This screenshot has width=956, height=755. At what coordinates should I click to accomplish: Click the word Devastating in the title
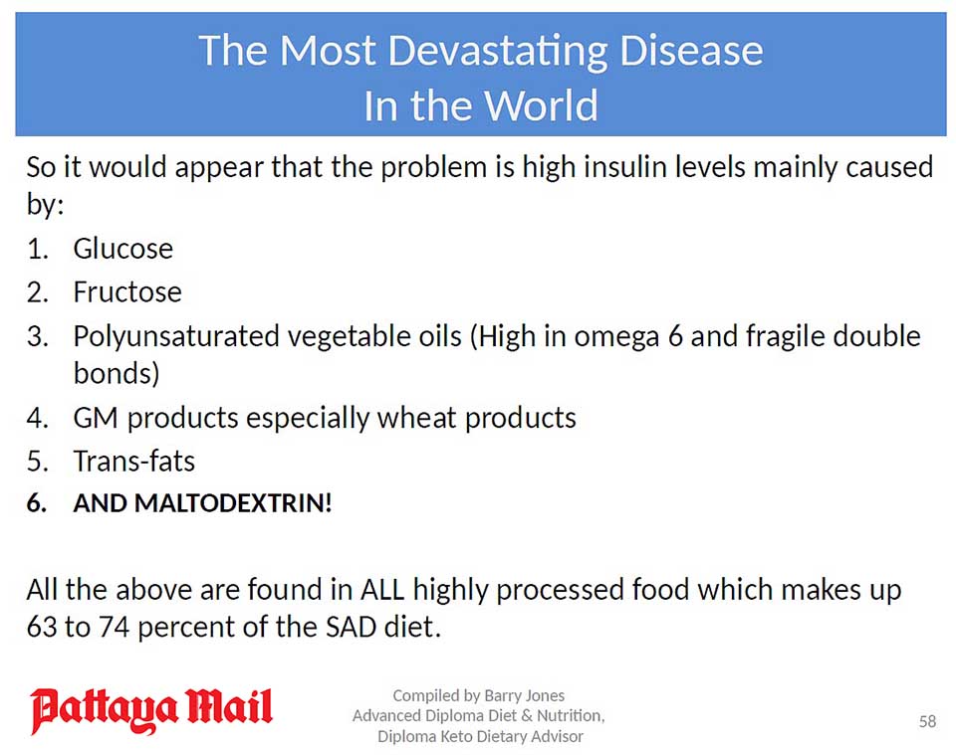coord(498,52)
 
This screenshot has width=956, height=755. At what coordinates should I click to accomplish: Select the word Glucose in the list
coord(123,249)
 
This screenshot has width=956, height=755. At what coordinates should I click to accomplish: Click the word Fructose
coord(127,291)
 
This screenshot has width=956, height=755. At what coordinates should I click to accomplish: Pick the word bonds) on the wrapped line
coord(117,373)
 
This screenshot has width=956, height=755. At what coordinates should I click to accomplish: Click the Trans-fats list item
coord(134,461)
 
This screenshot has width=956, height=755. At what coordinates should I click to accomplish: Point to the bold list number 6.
coord(37,503)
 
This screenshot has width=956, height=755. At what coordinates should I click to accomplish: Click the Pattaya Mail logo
coord(151,710)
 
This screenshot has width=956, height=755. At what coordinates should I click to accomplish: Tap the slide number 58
coord(927,721)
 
